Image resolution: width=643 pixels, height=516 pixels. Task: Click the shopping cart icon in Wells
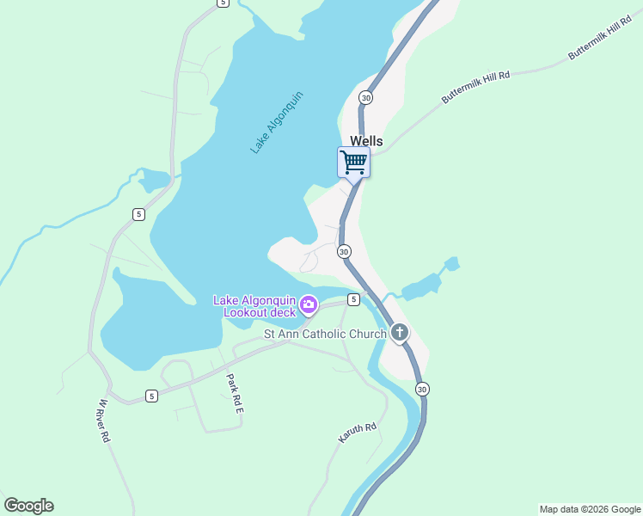pos(353,162)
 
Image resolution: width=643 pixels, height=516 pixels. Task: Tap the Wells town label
pos(366,141)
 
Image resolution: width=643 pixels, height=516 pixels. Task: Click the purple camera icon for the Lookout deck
pos(309,305)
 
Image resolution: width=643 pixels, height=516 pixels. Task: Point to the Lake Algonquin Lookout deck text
pos(254,306)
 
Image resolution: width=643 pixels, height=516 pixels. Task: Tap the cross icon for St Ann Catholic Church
pos(399,332)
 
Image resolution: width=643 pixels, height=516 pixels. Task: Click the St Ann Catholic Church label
pos(324,334)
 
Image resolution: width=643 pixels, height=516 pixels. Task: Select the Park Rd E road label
pos(235,395)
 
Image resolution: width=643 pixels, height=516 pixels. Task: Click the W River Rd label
pos(104,421)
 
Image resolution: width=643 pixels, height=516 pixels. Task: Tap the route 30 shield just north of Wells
pos(366,98)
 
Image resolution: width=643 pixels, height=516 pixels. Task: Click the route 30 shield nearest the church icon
pos(421,390)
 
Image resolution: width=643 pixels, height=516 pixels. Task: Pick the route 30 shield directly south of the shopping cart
pos(344,252)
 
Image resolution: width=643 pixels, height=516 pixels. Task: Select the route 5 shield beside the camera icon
pos(353,298)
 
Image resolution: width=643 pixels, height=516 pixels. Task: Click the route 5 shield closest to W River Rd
pos(151,396)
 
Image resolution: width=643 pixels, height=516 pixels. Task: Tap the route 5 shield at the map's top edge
pos(223,3)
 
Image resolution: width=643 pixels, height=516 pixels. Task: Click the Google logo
pos(28,506)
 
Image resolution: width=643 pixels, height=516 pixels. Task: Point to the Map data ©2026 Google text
pos(590,509)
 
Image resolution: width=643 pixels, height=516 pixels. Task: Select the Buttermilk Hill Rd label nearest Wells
pos(476,88)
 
